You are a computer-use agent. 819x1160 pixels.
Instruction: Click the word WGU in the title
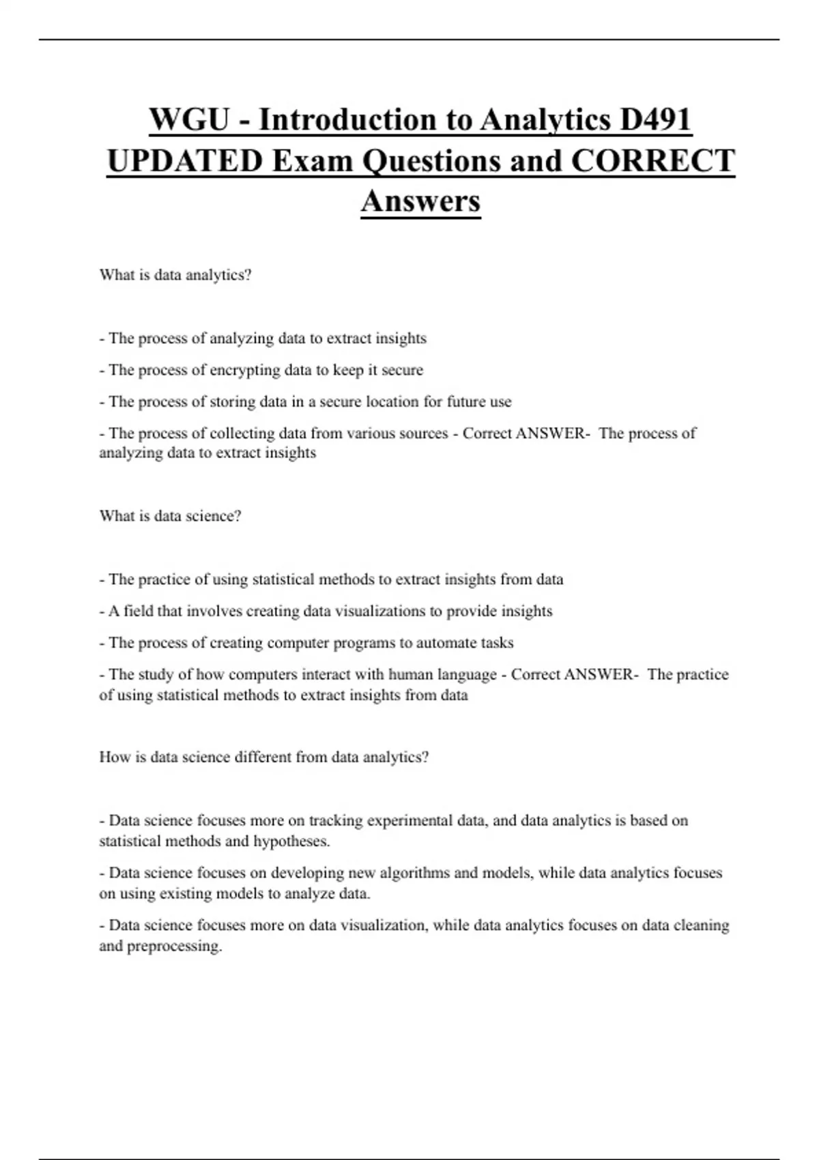click(188, 121)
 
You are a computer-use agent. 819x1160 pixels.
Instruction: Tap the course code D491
click(656, 121)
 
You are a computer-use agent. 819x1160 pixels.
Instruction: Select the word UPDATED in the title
click(184, 162)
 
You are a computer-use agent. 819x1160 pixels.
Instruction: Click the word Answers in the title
click(420, 201)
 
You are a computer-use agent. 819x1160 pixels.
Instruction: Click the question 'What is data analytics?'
click(175, 275)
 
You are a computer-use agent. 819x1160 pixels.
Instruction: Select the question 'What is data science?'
click(170, 516)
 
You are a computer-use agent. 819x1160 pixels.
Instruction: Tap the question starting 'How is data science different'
click(263, 757)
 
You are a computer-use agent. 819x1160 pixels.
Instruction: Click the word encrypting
click(244, 370)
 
